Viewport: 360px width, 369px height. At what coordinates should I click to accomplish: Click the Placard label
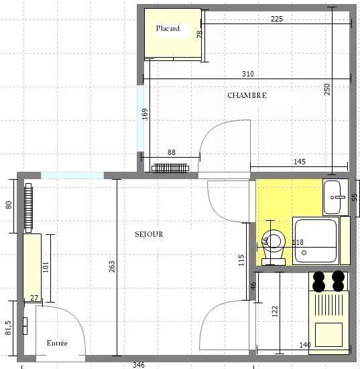168,28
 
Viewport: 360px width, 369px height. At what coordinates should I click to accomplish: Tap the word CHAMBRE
247,95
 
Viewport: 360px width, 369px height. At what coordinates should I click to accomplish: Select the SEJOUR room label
149,234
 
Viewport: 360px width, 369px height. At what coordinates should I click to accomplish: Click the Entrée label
57,343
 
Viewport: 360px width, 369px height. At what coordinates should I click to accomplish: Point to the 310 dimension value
248,74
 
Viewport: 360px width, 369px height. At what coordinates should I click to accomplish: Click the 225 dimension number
276,19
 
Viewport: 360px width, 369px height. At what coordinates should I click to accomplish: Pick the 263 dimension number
112,266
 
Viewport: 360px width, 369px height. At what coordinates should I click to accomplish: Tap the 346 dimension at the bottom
139,365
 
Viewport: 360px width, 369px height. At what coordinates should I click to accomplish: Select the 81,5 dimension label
8,328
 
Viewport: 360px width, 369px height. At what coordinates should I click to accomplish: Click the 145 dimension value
300,162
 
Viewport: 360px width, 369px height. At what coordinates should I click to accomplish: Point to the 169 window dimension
145,114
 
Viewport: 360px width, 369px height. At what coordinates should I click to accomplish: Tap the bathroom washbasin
335,197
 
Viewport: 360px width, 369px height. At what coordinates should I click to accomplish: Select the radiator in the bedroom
170,168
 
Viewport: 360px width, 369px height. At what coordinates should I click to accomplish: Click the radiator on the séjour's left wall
28,208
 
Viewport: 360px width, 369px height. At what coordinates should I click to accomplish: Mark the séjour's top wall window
72,175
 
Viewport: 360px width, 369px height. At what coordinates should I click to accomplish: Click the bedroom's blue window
140,118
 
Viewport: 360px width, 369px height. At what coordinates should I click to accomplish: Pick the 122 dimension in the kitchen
275,311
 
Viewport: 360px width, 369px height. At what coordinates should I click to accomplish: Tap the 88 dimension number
172,152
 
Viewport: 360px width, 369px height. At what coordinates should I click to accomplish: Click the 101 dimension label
46,267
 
